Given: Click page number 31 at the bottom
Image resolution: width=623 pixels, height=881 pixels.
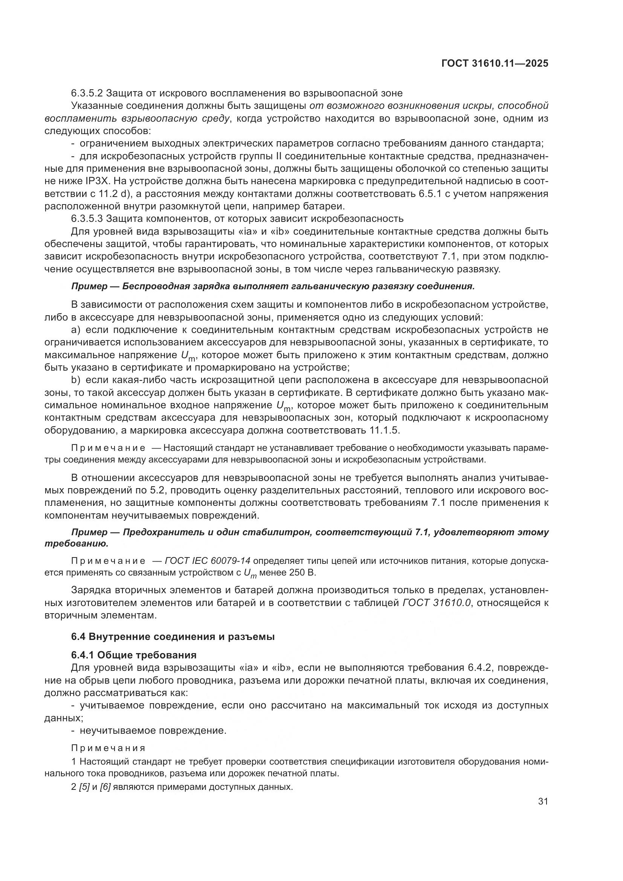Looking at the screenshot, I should [x=543, y=802].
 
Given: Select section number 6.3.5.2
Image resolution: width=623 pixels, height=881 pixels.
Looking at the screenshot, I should [x=87, y=93].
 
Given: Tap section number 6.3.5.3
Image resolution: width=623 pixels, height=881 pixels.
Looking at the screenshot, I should [x=87, y=219].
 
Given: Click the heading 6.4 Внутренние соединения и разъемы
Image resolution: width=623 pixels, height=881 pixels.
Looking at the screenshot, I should [x=173, y=637].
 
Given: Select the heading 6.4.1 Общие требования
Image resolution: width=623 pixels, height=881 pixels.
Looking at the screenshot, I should [x=134, y=655].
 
